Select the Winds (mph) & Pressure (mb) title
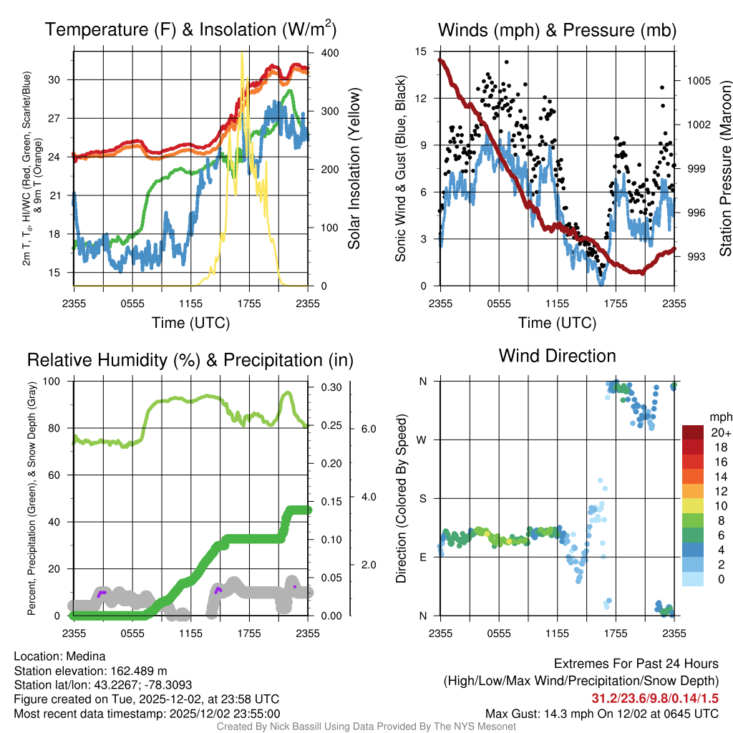pyautogui.click(x=557, y=30)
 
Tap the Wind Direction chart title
pyautogui.click(x=557, y=356)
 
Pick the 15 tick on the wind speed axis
pyautogui.click(x=421, y=52)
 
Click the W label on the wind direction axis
pyautogui.click(x=422, y=440)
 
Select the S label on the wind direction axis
pyautogui.click(x=422, y=498)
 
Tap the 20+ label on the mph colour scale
pyautogui.click(x=720, y=433)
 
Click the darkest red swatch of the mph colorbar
pyautogui.click(x=694, y=432)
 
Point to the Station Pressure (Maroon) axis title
pyautogui.click(x=725, y=168)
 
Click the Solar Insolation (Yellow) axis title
pyautogui.click(x=354, y=168)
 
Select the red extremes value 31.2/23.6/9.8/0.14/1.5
pyautogui.click(x=655, y=699)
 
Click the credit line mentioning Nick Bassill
pyautogui.click(x=366, y=727)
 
